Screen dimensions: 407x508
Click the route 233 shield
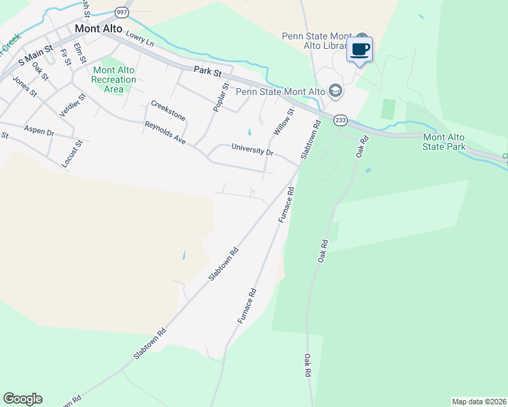coord(340,119)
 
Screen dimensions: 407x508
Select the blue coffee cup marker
coord(360,50)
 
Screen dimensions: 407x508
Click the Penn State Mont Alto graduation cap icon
coord(335,90)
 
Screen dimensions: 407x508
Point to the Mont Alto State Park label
coord(444,142)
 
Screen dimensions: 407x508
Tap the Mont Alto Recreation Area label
coord(114,79)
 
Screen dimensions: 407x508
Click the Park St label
coord(208,70)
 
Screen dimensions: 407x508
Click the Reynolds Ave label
coord(165,133)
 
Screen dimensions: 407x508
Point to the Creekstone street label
coord(168,109)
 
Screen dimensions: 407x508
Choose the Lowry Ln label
coord(140,41)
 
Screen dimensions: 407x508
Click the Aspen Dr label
coord(39,131)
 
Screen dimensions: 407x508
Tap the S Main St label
coord(35,61)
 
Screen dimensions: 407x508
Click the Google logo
coord(22,398)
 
